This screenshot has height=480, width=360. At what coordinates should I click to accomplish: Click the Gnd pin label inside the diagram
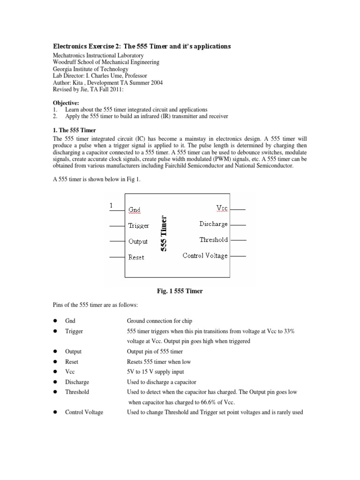pos(134,210)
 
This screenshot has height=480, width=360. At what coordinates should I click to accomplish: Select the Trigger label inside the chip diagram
pos(138,225)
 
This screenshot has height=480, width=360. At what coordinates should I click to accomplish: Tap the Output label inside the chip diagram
pos(138,241)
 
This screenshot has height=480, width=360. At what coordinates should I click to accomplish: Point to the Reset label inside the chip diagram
pos(136,257)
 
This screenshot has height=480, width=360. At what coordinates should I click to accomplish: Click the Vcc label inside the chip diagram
pos(222,208)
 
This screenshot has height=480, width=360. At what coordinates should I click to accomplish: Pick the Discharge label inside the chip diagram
pos(213,224)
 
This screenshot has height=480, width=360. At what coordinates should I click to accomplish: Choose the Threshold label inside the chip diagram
pos(213,240)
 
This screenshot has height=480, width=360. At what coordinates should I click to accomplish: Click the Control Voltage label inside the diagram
pos(205,255)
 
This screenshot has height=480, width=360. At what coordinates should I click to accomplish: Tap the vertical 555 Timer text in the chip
pos(164,233)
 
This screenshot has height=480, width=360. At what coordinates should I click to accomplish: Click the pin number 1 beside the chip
pos(111,205)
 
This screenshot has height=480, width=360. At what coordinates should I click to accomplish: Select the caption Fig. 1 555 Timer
pos(180,291)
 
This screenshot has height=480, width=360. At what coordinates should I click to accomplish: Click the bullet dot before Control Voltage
pos(55,412)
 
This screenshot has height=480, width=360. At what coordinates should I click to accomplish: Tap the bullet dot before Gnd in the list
pos(55,321)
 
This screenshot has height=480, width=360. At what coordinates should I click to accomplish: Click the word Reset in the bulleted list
pos(72,362)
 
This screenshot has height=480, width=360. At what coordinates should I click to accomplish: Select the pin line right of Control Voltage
pos(238,256)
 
